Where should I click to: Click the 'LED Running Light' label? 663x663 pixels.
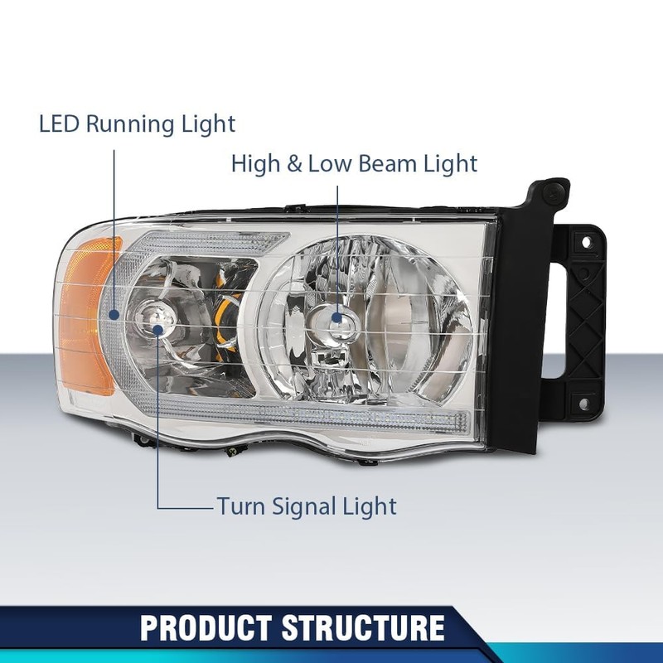coord(138,124)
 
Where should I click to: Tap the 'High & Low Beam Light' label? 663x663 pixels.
coord(354,163)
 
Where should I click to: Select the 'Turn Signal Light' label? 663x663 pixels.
coord(307,506)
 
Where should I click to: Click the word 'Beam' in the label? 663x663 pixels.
coord(388,163)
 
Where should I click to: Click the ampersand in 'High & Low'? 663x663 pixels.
coord(294,163)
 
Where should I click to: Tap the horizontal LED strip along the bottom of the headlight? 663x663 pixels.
coord(348,414)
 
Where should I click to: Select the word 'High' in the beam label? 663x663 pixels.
coord(256,163)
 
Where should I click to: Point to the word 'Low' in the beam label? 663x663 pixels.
coord(330,163)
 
